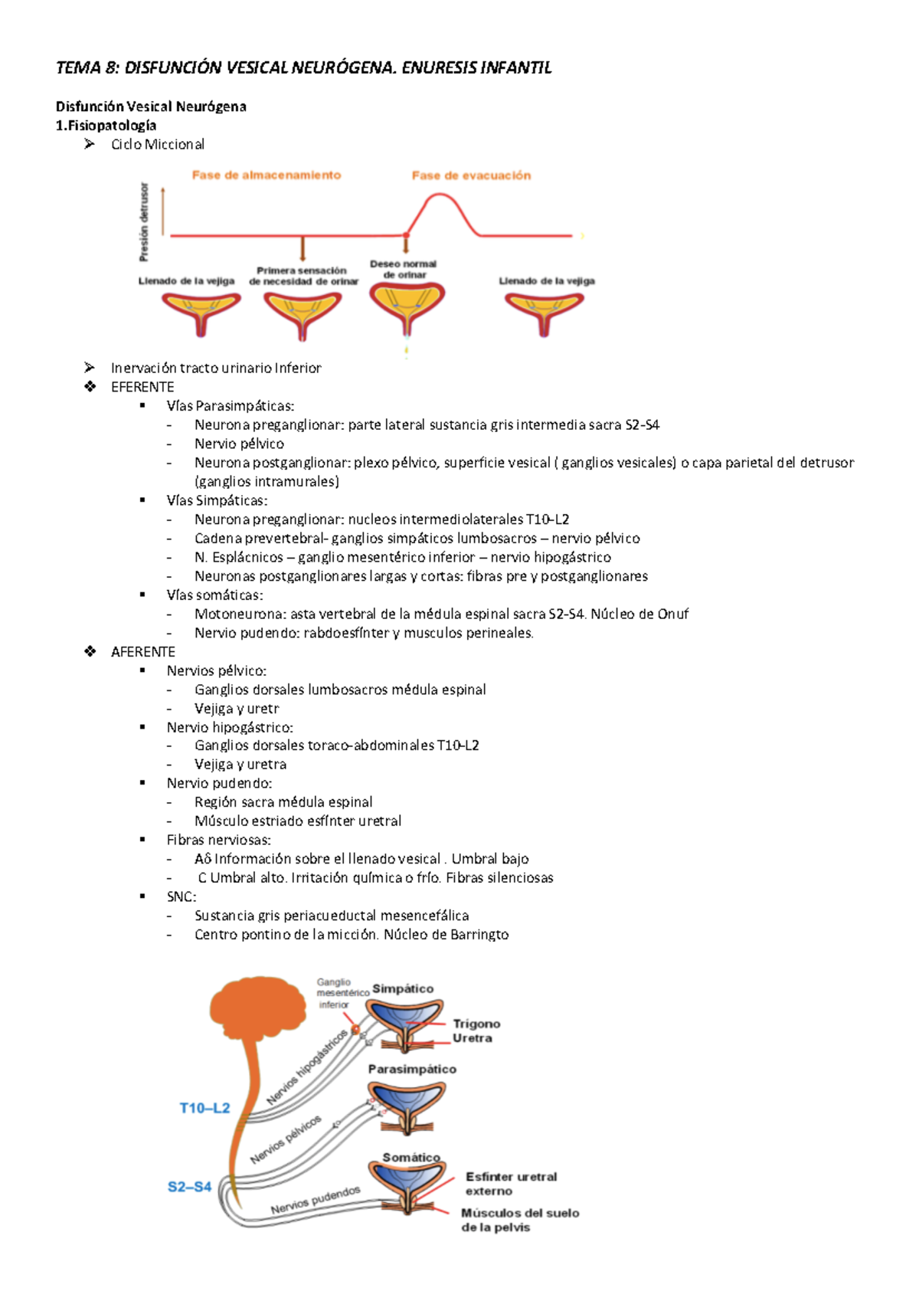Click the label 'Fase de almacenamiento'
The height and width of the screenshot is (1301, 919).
pos(266,175)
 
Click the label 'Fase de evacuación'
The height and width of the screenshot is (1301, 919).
pos(471,175)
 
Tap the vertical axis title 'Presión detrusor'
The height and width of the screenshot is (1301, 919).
pos(144,222)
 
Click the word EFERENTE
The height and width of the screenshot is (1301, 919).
pos(142,387)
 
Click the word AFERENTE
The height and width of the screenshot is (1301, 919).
pos(143,652)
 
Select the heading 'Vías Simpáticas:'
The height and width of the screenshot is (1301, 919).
pos(217,500)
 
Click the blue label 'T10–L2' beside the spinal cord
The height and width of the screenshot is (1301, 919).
pos(204,1108)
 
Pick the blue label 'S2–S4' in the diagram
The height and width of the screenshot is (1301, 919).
pos(189,1187)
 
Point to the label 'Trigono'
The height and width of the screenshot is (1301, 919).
pos(476,1024)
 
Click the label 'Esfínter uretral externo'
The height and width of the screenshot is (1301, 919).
pos(511,1184)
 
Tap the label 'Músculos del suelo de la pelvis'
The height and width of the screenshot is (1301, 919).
pos(519,1220)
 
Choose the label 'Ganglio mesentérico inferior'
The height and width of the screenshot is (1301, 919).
pos(335,993)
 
